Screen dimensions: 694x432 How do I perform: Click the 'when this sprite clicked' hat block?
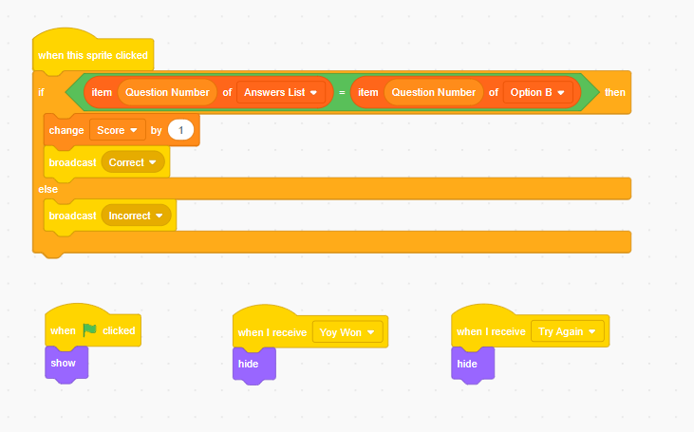(x=93, y=52)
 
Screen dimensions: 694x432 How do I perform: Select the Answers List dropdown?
(x=281, y=92)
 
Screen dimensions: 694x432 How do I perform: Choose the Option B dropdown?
(x=537, y=92)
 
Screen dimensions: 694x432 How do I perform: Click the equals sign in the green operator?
(x=342, y=92)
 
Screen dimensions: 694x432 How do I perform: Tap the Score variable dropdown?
(x=118, y=130)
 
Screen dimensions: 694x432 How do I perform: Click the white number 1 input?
(x=180, y=130)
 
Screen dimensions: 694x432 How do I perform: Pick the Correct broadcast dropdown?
(x=133, y=162)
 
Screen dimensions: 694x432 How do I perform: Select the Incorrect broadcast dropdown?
(x=136, y=216)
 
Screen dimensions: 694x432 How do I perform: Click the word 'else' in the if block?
(x=47, y=189)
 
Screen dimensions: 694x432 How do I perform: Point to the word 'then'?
(x=615, y=92)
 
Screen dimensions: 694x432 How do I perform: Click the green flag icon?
(x=90, y=329)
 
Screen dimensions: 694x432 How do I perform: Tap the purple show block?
(x=66, y=364)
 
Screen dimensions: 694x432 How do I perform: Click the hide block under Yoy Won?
(x=254, y=365)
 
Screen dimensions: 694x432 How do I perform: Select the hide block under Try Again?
(x=473, y=365)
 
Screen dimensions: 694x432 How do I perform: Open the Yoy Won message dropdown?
(x=347, y=332)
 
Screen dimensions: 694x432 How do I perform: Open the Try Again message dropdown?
(x=568, y=331)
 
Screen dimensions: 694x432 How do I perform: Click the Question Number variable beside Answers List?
(x=167, y=92)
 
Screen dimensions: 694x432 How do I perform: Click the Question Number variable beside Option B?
(x=434, y=92)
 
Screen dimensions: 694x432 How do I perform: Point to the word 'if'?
(x=41, y=92)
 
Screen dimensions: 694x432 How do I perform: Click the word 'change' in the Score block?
(x=66, y=130)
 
